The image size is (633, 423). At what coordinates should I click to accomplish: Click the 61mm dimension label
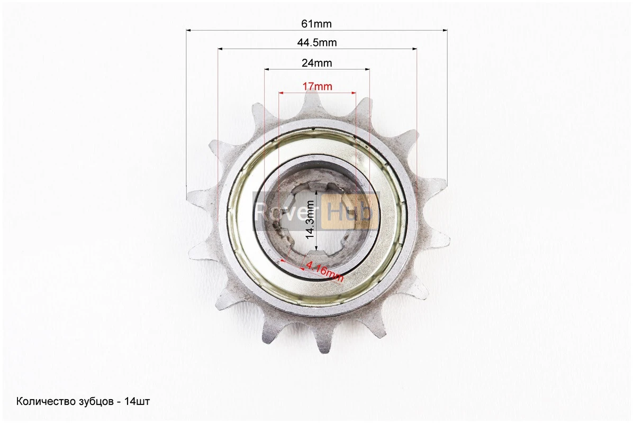coord(316,24)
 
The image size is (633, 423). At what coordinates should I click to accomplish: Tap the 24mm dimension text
coord(317,63)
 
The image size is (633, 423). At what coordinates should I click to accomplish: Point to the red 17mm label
coord(318,86)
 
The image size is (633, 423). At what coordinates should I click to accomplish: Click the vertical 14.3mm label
coord(311,220)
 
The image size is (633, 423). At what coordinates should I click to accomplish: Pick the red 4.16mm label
coord(324,271)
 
